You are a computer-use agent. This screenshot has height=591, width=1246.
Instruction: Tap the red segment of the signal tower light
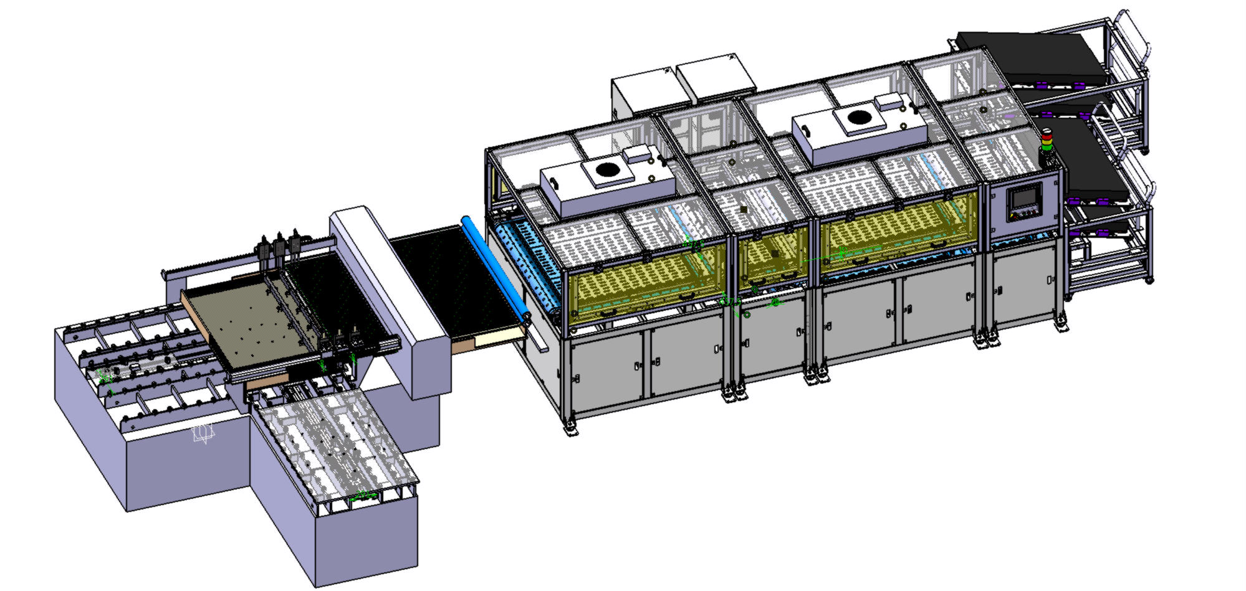[1047, 133]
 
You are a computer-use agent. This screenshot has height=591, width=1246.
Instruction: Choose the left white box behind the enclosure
[642, 93]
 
